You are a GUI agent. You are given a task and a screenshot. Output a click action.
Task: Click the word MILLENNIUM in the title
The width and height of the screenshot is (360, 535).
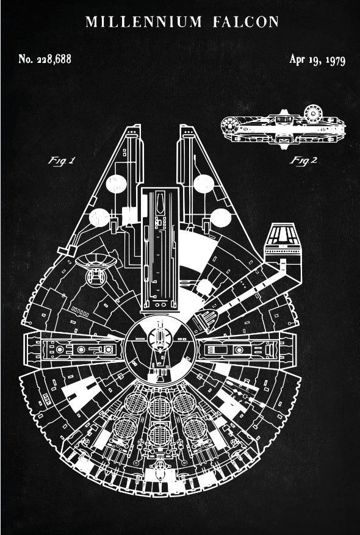click(143, 22)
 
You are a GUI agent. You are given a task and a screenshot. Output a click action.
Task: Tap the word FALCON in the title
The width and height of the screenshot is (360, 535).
click(246, 22)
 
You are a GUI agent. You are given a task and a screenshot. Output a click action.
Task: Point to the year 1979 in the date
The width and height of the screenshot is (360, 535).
click(335, 60)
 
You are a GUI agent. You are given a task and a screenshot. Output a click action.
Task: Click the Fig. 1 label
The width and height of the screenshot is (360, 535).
click(61, 160)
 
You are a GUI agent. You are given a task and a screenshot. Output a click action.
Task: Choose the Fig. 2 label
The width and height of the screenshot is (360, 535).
click(303, 160)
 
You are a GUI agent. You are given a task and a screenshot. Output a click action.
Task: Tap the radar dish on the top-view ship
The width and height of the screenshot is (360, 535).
click(96, 262)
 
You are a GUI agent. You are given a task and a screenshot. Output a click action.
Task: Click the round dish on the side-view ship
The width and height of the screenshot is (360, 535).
click(313, 113)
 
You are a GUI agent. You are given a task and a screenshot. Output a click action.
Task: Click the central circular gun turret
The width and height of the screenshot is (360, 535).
click(160, 350)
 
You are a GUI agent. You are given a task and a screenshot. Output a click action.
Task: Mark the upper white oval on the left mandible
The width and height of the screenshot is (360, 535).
click(116, 184)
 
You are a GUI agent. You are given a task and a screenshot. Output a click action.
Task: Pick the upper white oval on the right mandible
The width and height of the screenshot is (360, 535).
click(204, 184)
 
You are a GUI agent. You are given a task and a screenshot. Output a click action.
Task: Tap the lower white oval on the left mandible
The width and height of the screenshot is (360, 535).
click(99, 218)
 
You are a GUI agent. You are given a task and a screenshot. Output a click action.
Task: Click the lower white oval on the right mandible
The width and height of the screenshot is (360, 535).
click(220, 218)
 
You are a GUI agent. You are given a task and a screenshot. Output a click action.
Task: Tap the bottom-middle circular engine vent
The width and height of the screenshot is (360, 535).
click(159, 435)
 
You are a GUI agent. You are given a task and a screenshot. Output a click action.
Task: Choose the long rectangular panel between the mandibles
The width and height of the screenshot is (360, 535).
click(160, 249)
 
